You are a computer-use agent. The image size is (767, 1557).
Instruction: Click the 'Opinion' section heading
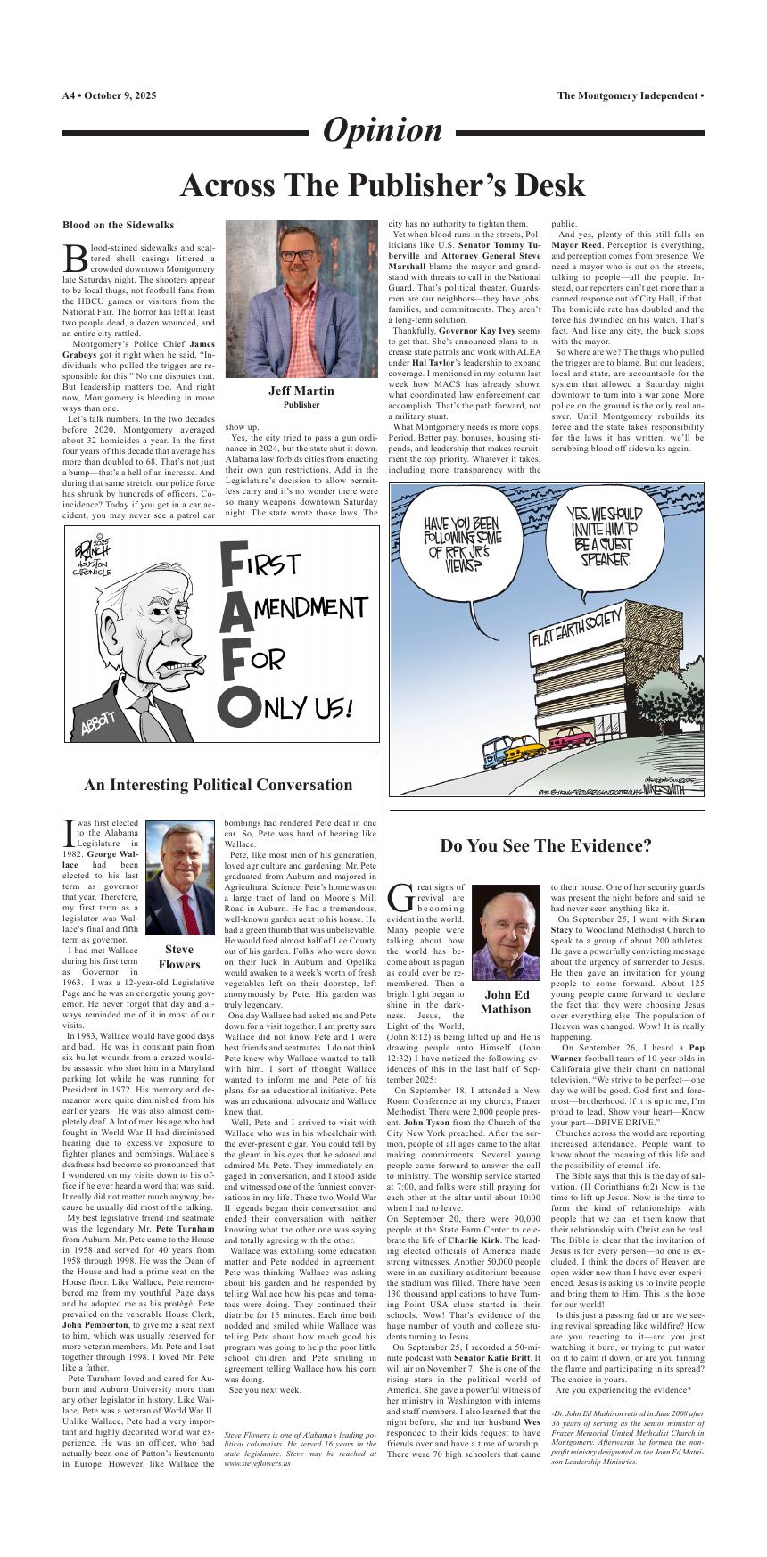[382, 131]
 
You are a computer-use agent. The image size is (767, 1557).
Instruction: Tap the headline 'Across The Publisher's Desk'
[382, 185]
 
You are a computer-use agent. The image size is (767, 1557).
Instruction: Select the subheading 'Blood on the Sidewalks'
[118, 225]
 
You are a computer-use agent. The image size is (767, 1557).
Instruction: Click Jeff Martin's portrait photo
[301, 299]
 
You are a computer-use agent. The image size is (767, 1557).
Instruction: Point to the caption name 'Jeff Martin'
[301, 391]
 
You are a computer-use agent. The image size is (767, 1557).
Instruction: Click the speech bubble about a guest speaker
[603, 537]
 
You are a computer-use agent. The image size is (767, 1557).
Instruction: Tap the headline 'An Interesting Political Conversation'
[218, 785]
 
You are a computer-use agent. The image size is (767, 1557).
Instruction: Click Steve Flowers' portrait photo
[180, 879]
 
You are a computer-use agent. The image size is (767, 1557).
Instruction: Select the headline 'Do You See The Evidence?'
[546, 845]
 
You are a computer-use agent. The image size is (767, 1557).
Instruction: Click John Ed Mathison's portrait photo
[506, 931]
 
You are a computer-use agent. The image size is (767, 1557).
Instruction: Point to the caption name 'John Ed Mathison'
[506, 1001]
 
